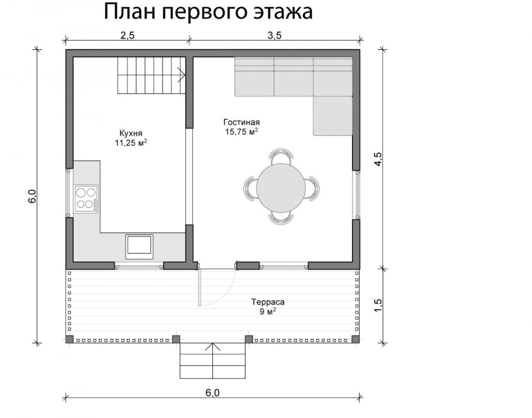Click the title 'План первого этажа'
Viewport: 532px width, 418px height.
[x=208, y=12]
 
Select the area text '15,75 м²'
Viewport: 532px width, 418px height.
[x=241, y=132]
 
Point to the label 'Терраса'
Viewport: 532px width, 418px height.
[x=268, y=303]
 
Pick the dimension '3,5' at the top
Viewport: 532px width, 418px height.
[x=275, y=35]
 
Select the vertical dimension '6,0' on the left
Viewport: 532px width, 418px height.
[x=32, y=197]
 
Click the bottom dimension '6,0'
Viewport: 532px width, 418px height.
[x=212, y=393]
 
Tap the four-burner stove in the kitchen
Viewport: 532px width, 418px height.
[x=86, y=197]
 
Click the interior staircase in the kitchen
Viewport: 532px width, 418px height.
[x=151, y=76]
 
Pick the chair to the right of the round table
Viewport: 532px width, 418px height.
[x=313, y=188]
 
